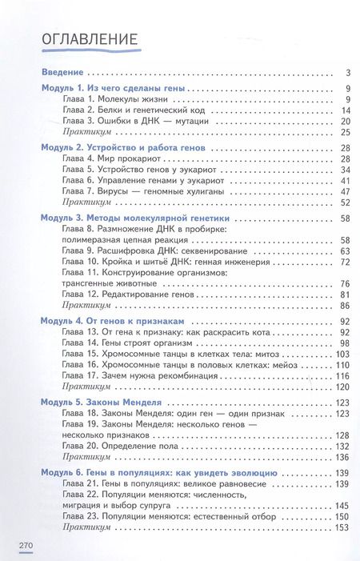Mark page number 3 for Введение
pos(349,72)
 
